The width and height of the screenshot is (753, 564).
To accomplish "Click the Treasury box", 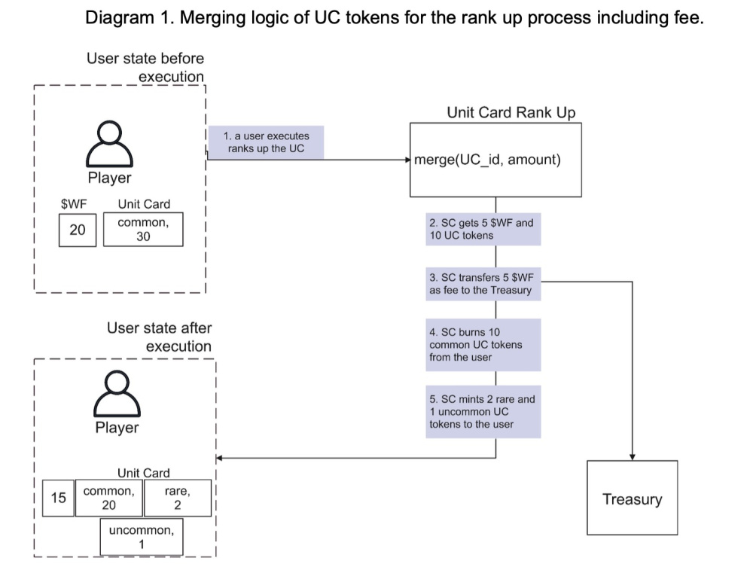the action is click(632, 498).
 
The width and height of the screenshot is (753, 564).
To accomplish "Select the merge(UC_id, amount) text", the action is click(487, 160).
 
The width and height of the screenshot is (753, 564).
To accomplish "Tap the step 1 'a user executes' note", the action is click(266, 142).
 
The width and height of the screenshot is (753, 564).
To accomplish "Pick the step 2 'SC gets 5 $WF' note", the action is click(483, 229).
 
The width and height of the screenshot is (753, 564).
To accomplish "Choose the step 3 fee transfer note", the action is click(483, 284).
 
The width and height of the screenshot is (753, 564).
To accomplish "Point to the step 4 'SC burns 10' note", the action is click(483, 345).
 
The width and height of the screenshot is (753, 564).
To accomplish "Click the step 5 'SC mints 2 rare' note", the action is click(483, 412).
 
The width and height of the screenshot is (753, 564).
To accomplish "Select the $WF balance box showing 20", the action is click(78, 230).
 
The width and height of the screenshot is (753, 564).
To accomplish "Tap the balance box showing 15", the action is click(58, 498).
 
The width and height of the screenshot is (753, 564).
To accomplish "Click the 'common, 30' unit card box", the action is click(143, 230).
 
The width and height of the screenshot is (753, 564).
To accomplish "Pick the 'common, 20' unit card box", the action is click(109, 498).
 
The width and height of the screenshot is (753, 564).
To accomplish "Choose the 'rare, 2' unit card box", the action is click(178, 498).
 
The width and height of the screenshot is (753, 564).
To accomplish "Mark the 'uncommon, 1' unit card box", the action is click(142, 537).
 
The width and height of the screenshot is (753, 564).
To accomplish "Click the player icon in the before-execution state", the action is click(109, 144).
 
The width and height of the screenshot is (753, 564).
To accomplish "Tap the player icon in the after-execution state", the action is click(117, 393).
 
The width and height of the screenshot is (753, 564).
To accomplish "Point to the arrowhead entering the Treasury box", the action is click(633, 457).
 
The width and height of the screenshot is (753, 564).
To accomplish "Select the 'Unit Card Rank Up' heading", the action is click(511, 112).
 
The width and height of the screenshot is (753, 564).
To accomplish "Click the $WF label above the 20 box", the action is click(74, 204).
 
